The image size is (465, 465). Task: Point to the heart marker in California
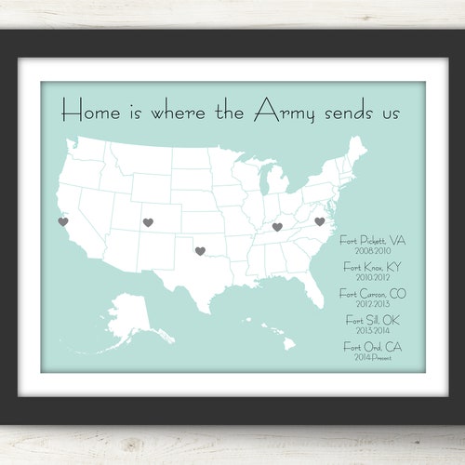[62, 221]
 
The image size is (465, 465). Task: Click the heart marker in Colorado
[148, 222]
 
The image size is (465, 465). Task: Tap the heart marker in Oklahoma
[199, 250]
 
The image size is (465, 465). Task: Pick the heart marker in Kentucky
[277, 226]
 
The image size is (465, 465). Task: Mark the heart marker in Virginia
[319, 221]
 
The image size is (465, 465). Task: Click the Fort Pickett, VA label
[372, 240]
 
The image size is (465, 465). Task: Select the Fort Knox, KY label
[372, 267]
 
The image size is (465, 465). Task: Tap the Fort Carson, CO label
[373, 294]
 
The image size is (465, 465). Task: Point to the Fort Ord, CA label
[372, 347]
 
